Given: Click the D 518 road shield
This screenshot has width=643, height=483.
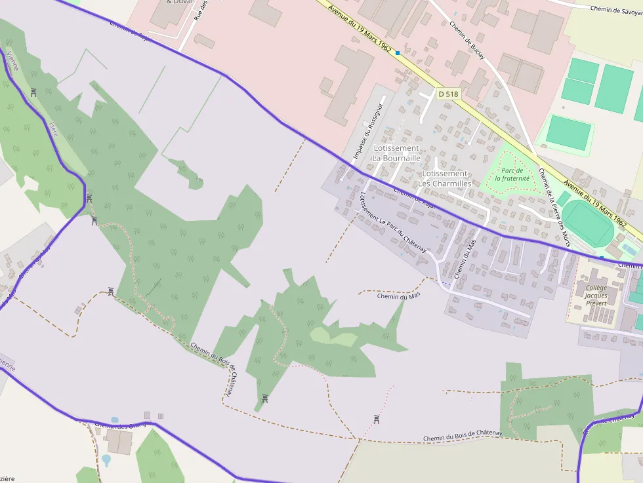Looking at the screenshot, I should click(x=448, y=94).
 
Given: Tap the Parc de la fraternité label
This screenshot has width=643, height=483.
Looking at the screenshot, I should click(x=512, y=174).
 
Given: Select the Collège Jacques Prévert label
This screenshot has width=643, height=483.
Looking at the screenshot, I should click(x=596, y=296).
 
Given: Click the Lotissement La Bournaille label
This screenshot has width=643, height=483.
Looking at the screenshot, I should click(x=396, y=153).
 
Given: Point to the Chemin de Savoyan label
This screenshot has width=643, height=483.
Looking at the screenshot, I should click(x=615, y=9).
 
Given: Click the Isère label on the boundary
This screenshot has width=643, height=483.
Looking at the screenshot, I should click(x=54, y=129).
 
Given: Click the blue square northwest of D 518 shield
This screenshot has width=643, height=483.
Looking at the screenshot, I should click(x=398, y=52).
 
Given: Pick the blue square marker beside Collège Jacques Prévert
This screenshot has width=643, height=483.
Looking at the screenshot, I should click(x=601, y=258).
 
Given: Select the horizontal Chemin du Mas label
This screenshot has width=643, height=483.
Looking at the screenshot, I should click(x=398, y=296).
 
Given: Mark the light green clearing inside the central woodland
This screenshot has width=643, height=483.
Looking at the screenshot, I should click(x=333, y=337).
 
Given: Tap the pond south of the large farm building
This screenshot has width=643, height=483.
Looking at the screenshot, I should click(x=106, y=460).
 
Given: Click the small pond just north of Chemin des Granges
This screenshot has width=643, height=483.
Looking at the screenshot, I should click(x=115, y=420).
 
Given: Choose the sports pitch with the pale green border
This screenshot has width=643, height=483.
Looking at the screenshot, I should click(x=568, y=132).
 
